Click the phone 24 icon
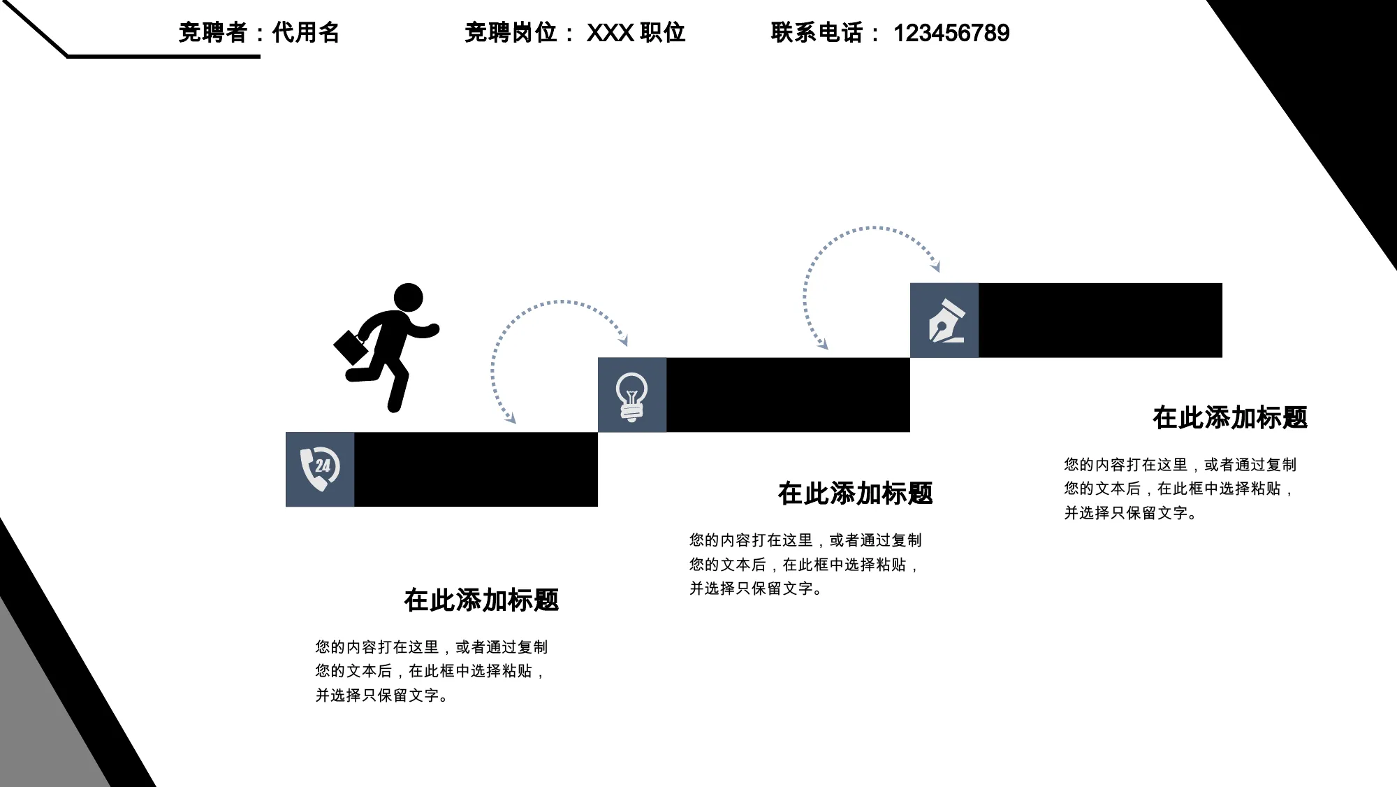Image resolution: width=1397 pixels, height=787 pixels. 320,468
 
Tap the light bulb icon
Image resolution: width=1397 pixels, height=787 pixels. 631,396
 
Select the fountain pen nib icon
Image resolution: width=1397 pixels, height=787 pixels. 946,321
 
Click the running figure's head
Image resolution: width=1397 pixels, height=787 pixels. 409,298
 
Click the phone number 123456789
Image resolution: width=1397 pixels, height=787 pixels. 951,33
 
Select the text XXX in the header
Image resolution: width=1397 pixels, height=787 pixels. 610,33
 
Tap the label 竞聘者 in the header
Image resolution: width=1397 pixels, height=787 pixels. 212,33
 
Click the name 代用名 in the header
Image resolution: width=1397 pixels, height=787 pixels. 305,33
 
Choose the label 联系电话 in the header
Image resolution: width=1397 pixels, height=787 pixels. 817,33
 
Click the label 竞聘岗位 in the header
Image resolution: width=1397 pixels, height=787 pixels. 511,33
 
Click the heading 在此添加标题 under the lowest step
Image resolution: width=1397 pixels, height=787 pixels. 481,600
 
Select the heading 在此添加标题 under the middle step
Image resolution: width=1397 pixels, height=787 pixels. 856,493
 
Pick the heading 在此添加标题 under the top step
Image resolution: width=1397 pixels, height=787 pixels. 1230,417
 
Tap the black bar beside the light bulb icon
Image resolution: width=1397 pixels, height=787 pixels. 788,395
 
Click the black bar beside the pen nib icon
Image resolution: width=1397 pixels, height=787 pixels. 1100,320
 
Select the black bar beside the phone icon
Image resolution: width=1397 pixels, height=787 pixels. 476,469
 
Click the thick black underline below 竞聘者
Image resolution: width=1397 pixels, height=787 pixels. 163,56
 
